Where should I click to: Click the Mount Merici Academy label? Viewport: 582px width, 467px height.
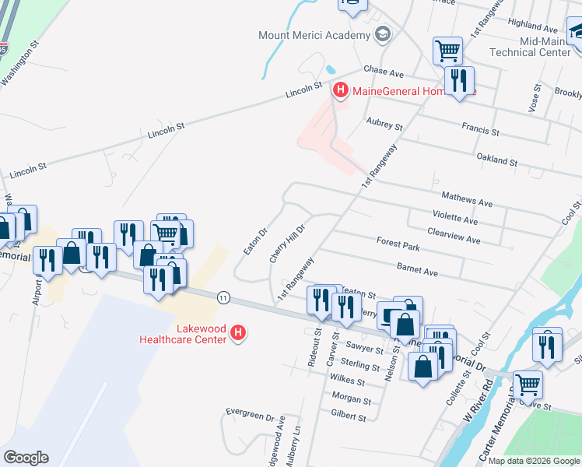[314, 36]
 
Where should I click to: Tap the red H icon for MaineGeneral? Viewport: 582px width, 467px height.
[340, 91]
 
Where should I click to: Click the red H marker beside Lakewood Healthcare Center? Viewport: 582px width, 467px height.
[240, 334]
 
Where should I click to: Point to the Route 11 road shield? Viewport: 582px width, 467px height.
[224, 297]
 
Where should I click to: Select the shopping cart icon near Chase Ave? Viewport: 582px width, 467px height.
[447, 51]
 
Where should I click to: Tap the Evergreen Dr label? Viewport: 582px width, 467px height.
[251, 412]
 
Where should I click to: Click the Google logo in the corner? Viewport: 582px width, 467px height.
[26, 458]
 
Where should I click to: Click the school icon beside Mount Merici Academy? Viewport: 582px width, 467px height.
[382, 35]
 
